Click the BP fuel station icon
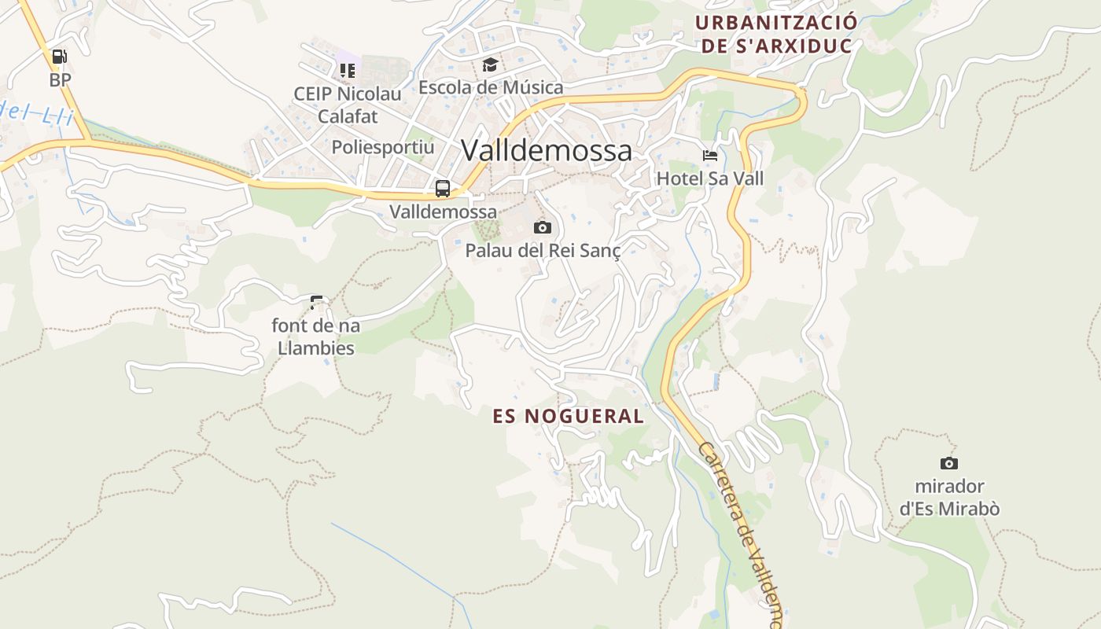[59, 57]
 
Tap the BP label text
[60, 79]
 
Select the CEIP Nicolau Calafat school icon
[348, 71]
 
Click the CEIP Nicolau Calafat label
[348, 105]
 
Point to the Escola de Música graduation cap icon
[490, 64]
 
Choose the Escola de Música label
[491, 87]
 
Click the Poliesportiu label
[382, 147]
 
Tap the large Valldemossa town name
[546, 150]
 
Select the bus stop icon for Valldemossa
[443, 189]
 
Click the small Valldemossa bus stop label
[444, 212]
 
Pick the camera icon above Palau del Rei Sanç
[542, 228]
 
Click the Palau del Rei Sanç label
[543, 251]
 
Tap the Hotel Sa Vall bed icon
[709, 156]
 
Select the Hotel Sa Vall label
[709, 178]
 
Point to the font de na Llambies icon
[316, 301]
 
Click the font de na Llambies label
[315, 336]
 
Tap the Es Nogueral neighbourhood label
[568, 416]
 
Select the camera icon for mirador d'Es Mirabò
[949, 463]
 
